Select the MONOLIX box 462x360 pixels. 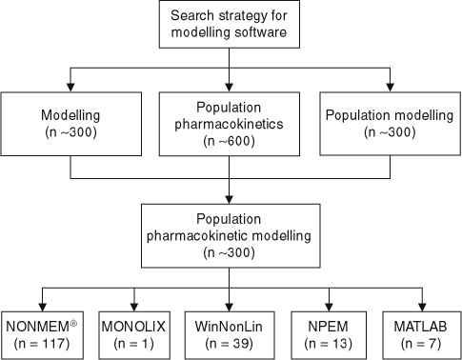(x=134, y=333)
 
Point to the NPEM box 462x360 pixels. (x=327, y=333)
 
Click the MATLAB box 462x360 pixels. (x=418, y=333)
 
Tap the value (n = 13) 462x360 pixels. (x=327, y=342)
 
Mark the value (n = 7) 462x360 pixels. (x=418, y=342)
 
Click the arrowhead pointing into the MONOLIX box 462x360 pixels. (x=134, y=303)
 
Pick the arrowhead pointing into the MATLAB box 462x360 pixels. (x=418, y=303)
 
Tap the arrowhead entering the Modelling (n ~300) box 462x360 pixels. (x=71, y=88)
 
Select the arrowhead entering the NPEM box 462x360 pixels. (x=327, y=303)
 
